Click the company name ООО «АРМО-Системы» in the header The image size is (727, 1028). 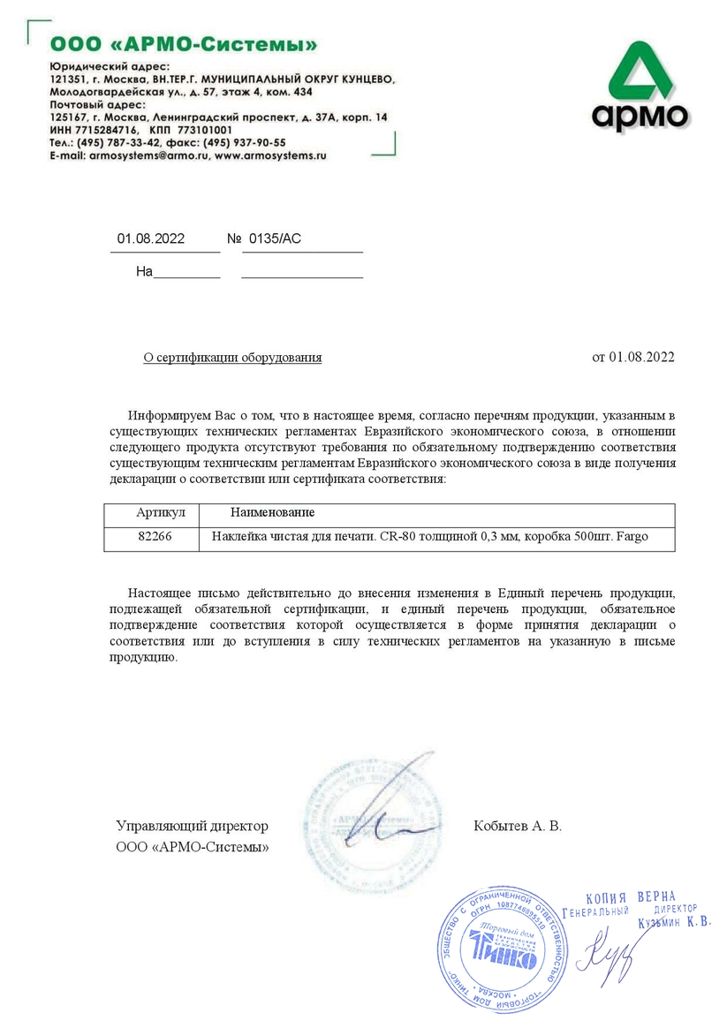pos(184,43)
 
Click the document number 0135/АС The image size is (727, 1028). pos(276,238)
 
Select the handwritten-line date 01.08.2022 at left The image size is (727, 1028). pos(151,238)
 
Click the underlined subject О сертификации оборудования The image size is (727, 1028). pos(232,357)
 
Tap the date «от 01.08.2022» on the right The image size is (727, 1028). pos(632,357)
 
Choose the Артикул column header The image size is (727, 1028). pos(161,513)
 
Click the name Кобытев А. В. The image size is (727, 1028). pos(518,826)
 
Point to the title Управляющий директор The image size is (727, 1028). pos(192,826)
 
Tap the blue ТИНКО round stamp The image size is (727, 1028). pos(502,953)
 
